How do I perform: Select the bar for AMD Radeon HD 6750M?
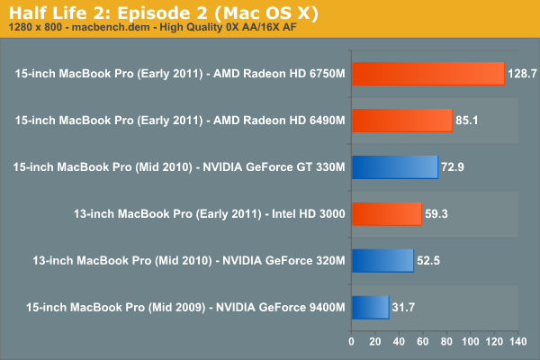427,74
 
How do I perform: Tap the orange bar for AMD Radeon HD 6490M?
401,121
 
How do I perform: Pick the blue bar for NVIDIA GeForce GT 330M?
394,167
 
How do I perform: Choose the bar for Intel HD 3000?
386,214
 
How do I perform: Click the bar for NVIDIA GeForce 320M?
382,261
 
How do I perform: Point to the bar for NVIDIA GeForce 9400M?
370,308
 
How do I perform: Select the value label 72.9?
454,167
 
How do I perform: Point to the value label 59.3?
437,214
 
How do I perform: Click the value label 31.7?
405,308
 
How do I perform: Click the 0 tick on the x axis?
351,341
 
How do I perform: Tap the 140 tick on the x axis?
517,341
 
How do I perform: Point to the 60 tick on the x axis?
422,341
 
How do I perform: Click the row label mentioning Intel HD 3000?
209,214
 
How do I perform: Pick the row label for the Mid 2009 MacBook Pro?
179,308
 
